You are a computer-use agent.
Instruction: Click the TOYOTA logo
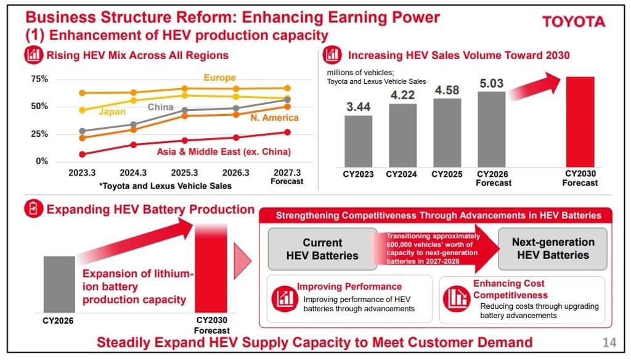click(x=574, y=22)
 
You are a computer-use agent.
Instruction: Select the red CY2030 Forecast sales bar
click(x=580, y=121)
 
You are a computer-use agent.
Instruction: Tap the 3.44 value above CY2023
click(x=358, y=107)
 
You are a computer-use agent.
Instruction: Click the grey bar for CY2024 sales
click(x=402, y=135)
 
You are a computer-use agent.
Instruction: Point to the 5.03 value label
click(x=491, y=83)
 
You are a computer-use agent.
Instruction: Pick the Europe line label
click(x=220, y=77)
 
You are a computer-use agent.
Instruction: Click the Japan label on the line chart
click(x=112, y=112)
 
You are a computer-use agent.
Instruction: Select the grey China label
click(x=160, y=107)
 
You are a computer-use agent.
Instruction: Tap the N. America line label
click(x=274, y=118)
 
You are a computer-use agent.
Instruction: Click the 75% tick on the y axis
click(x=39, y=79)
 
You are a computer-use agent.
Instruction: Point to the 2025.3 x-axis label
click(x=184, y=173)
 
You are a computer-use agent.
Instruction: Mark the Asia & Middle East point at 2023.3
click(x=83, y=154)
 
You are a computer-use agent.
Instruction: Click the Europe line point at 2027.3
click(x=287, y=88)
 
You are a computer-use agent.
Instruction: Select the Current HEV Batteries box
click(x=322, y=249)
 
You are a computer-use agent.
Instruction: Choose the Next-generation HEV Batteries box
click(x=553, y=248)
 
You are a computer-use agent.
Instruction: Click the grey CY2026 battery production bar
click(x=59, y=284)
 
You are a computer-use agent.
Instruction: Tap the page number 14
click(x=609, y=342)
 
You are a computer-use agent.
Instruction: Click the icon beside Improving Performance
click(x=285, y=299)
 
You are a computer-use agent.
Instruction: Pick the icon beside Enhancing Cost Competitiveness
click(x=457, y=299)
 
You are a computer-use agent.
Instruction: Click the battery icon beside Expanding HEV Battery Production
click(x=33, y=209)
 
